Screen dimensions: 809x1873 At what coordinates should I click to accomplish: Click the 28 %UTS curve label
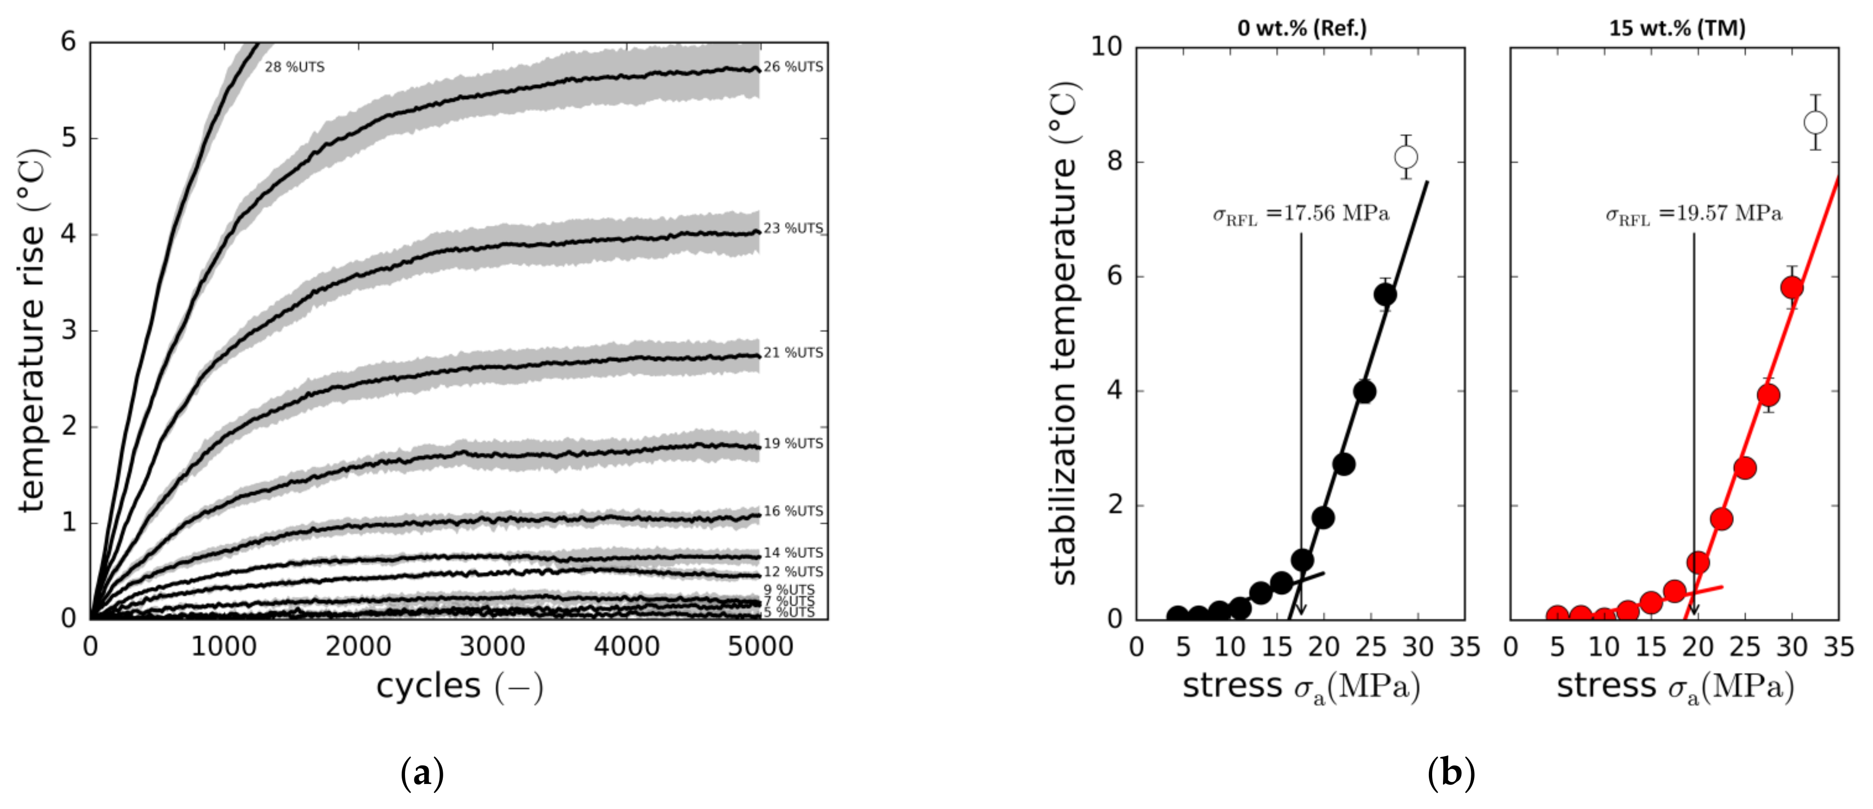click(295, 67)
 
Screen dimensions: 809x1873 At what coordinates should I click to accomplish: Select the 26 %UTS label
click(793, 67)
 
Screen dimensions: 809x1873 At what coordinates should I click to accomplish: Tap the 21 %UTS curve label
click(793, 353)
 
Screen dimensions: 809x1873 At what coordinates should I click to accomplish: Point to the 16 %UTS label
click(793, 511)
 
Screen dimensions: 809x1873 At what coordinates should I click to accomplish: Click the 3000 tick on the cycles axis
click(492, 646)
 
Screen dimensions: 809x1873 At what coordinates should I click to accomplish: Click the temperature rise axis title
click(32, 331)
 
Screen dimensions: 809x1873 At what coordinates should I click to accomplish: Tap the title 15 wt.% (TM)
click(1677, 28)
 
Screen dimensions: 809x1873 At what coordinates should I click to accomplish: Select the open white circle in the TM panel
click(1815, 122)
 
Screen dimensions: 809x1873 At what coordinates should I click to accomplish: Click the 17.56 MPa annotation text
click(1301, 214)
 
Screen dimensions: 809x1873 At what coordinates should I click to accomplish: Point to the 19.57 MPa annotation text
click(1694, 214)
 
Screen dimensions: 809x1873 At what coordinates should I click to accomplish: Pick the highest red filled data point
click(1792, 287)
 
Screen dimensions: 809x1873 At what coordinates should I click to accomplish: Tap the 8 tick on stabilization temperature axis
click(1114, 162)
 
